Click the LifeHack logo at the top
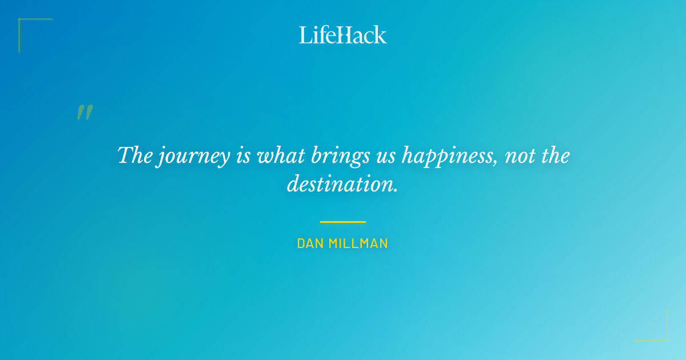pos(343,35)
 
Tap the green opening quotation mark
pos(85,113)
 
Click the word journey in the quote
pos(193,156)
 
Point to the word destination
pos(342,185)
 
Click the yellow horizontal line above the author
pos(343,222)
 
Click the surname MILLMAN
pos(360,243)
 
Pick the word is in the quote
pos(242,155)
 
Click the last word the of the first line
pos(555,155)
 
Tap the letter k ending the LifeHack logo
pos(380,35)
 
